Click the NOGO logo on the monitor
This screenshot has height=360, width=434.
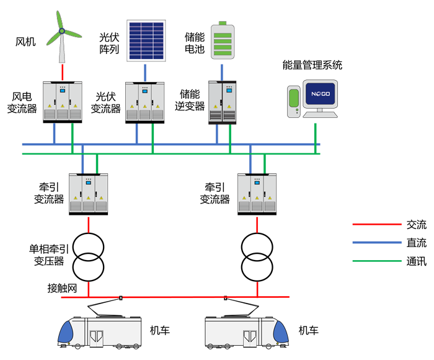319,97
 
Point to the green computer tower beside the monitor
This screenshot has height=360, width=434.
294,102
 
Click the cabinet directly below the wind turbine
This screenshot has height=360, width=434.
62,101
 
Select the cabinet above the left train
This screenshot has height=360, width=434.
88,193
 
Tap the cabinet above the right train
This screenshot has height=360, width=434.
257,193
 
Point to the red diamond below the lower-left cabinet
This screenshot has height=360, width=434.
89,223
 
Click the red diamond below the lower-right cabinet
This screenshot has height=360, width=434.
257,223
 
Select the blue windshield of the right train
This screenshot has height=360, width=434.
281,333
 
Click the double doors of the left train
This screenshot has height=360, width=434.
97,337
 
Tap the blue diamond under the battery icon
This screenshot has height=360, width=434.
222,70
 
